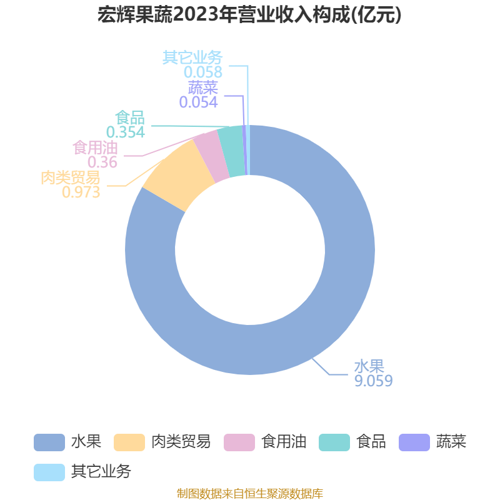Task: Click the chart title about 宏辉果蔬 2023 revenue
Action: point(249,15)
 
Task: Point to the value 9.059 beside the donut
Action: point(373,381)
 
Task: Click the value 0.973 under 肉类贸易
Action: point(81,192)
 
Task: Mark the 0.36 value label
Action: point(102,162)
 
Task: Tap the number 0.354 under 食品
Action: point(126,132)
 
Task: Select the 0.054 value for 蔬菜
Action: point(198,102)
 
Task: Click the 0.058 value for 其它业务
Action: point(203,72)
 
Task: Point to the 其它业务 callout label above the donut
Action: point(192,57)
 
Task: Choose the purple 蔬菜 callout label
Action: point(202,87)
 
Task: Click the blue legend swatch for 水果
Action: point(49,442)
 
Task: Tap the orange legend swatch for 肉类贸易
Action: point(129,442)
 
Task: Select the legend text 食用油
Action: point(284,442)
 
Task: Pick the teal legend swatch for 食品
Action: point(334,442)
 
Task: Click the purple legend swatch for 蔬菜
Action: point(414,442)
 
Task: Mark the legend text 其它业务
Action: point(101,472)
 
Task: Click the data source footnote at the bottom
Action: point(250,493)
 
